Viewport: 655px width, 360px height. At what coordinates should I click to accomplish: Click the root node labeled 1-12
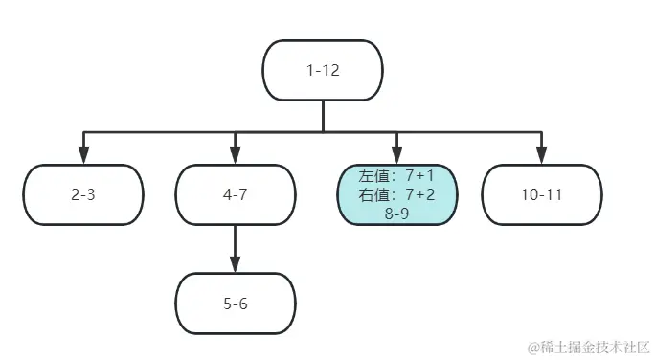pyautogui.click(x=323, y=70)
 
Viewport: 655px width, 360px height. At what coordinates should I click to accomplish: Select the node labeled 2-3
pyautogui.click(x=83, y=194)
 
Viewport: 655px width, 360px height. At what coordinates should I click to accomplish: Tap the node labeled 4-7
pyautogui.click(x=235, y=194)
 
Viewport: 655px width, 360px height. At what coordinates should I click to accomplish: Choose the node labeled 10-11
pyautogui.click(x=542, y=194)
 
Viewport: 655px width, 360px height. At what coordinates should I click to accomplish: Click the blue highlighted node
pyautogui.click(x=397, y=194)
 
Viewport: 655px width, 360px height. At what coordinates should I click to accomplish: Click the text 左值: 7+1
pyautogui.click(x=397, y=177)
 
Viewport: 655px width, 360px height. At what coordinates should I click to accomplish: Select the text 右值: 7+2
pyautogui.click(x=397, y=195)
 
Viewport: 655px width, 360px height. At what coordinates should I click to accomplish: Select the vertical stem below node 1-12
pyautogui.click(x=323, y=115)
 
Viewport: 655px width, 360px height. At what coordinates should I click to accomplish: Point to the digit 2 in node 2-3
pyautogui.click(x=75, y=194)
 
